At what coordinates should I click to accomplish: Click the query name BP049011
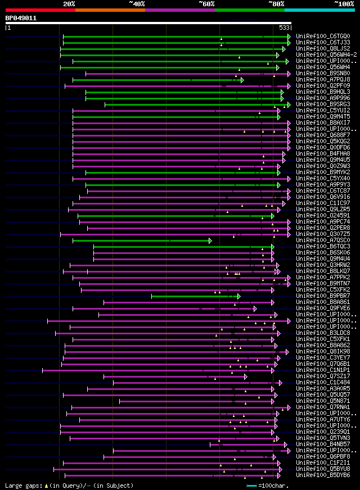[x=21, y=18]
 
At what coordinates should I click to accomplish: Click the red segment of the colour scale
[x=40, y=10]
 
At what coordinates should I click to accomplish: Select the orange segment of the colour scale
[x=110, y=10]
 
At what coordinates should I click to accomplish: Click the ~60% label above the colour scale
[x=206, y=4]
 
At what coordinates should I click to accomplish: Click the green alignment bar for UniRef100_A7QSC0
[x=141, y=241]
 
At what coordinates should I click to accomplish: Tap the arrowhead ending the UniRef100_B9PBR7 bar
[x=238, y=296]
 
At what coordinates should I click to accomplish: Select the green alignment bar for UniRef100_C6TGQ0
[x=174, y=36]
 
